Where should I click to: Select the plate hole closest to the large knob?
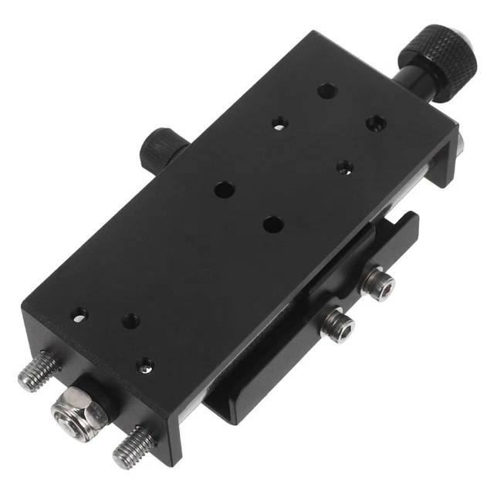click(327, 90)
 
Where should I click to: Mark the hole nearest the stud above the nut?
click(80, 314)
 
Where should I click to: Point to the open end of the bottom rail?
click(224, 409)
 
